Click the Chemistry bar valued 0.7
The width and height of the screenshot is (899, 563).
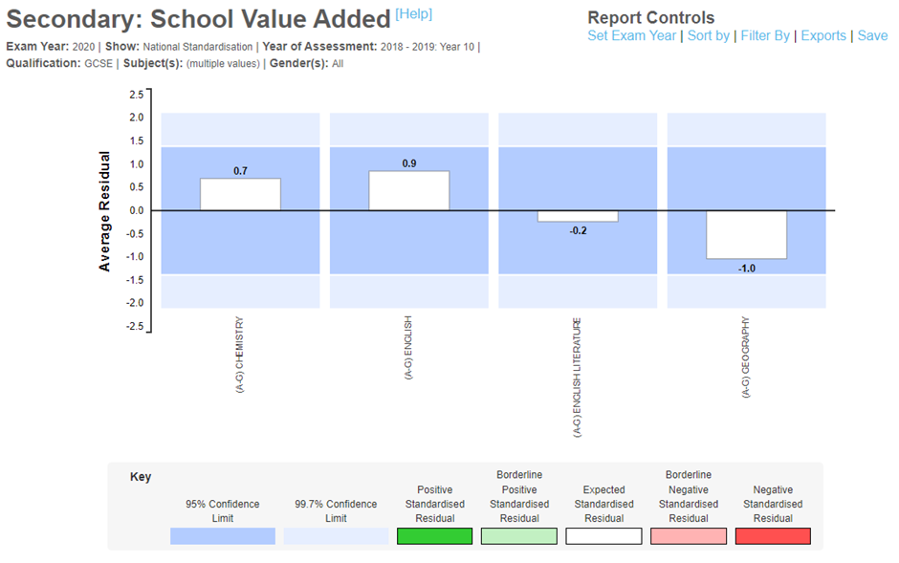click(240, 194)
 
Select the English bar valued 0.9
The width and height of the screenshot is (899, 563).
click(408, 190)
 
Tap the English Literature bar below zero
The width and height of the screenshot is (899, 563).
click(578, 216)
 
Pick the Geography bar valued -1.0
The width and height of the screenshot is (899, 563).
click(746, 234)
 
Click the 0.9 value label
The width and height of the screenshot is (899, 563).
click(408, 163)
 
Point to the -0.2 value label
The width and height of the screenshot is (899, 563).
click(578, 231)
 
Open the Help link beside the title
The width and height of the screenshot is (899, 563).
click(413, 13)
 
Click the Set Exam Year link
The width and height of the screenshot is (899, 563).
click(632, 35)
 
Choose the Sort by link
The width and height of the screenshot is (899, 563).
click(709, 35)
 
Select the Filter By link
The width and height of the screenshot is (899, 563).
click(765, 35)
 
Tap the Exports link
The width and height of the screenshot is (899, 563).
click(823, 35)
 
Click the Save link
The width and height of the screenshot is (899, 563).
click(872, 35)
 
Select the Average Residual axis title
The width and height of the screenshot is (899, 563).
click(105, 210)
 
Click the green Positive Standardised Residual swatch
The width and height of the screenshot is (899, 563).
click(434, 536)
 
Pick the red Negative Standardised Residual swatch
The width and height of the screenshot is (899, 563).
click(773, 536)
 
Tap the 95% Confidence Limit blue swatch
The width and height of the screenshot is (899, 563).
click(222, 536)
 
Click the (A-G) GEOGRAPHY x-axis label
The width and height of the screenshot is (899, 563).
click(745, 357)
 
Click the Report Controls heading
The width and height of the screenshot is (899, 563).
click(650, 17)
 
